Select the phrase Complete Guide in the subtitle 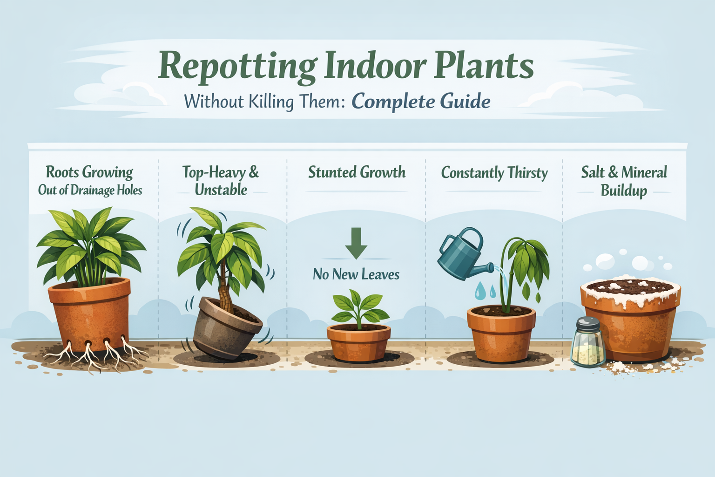[421, 101]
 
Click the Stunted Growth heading [357, 172]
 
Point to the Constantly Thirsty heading [494, 173]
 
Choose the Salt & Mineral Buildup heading [624, 181]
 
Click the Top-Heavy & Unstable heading [221, 181]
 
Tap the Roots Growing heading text [89, 172]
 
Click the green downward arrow [356, 243]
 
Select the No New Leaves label [356, 274]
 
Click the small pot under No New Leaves [358, 343]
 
